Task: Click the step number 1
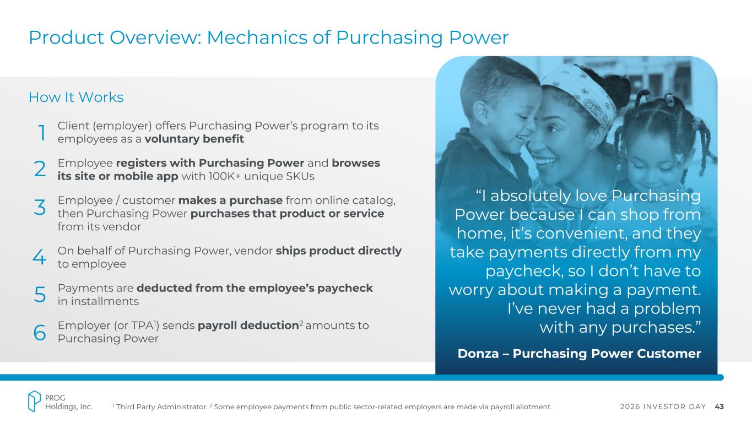coord(42,133)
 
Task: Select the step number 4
coord(39,257)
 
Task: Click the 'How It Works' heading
coord(76,97)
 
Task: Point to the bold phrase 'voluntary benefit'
coord(194,139)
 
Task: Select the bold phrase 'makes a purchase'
coord(230,200)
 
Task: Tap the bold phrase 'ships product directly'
coord(338,251)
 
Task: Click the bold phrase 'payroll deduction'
coord(248,326)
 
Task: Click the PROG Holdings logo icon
coord(34,401)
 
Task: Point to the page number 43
coord(719,406)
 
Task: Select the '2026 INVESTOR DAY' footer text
coord(663,406)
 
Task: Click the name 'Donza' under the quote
coord(478,354)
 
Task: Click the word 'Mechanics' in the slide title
coord(257,37)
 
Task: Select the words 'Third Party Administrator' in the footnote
coord(161,407)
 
